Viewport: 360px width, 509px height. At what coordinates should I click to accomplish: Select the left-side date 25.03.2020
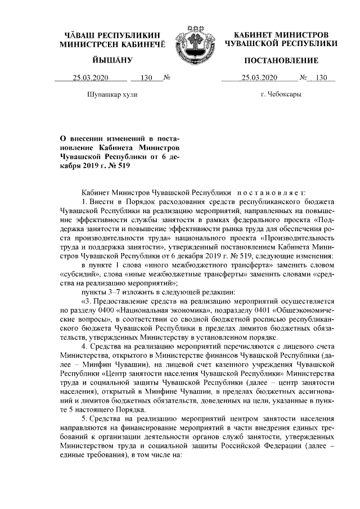[89, 78]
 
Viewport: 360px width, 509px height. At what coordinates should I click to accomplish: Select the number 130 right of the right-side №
[321, 78]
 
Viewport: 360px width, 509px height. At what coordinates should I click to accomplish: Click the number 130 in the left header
[147, 78]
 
